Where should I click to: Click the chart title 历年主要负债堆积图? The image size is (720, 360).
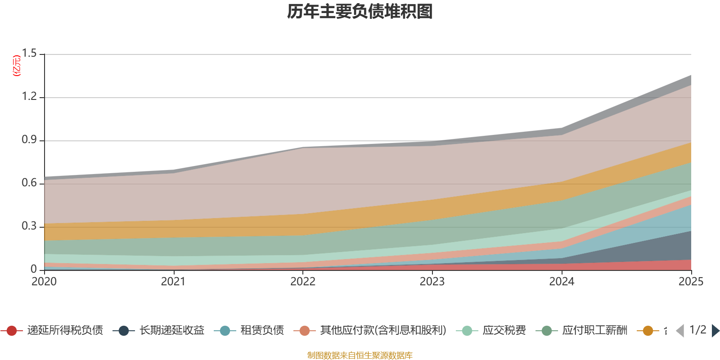tap(360, 12)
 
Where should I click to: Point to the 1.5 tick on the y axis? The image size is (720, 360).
tap(29, 54)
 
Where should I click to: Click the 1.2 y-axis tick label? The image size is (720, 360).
tap(29, 97)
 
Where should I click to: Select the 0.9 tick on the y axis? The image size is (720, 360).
tap(29, 140)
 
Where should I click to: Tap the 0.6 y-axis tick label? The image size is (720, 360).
tap(29, 183)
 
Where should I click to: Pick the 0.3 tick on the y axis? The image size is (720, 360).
tap(29, 226)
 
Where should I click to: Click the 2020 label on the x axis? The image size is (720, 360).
tap(44, 282)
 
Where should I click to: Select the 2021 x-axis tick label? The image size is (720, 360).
tap(173, 282)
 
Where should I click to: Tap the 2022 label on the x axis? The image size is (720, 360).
tap(303, 282)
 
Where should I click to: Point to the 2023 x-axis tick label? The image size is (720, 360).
tap(432, 282)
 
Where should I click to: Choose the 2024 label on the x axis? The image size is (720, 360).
tap(562, 282)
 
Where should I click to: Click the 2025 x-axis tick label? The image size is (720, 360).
tap(691, 282)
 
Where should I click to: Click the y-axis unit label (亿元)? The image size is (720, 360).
tap(17, 66)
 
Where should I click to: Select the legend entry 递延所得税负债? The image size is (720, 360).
tap(65, 331)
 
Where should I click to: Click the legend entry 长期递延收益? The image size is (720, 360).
tap(171, 331)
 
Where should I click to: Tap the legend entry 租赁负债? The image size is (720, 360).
tap(262, 331)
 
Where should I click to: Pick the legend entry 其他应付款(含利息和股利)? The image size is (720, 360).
tap(383, 331)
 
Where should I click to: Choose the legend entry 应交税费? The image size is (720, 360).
tap(504, 331)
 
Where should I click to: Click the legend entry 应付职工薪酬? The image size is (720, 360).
tap(594, 331)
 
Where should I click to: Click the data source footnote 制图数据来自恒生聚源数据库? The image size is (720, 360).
tap(360, 355)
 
